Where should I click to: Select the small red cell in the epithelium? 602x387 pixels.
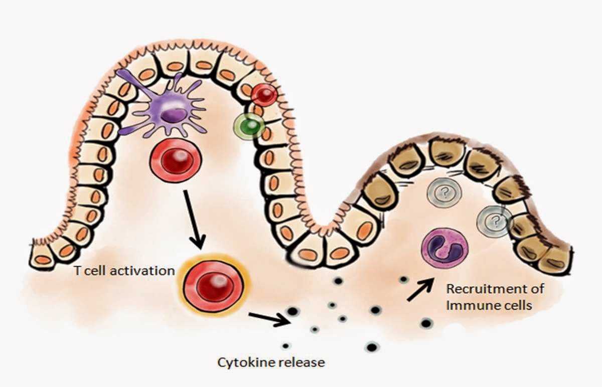[x=264, y=94]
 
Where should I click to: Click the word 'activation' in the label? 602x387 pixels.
[x=147, y=271]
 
